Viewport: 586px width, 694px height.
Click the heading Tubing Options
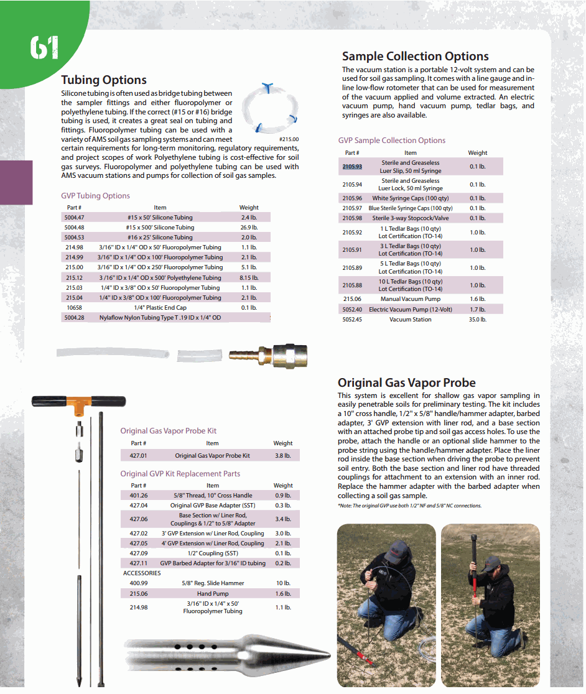pos(104,80)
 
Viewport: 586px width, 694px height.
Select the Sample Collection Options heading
pos(416,57)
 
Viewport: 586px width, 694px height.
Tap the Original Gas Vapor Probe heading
pos(406,382)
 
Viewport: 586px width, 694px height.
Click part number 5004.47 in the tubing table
pos(74,218)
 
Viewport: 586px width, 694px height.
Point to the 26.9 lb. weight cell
pos(249,228)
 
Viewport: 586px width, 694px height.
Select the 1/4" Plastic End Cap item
pos(160,307)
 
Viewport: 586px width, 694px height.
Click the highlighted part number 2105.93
pos(352,167)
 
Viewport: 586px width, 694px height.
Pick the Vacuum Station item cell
pos(410,319)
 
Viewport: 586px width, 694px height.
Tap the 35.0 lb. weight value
pos(478,319)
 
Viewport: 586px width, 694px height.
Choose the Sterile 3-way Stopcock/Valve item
pos(410,218)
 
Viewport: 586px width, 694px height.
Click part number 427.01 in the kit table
pos(139,456)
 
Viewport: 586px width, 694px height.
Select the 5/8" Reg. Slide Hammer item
pos(213,583)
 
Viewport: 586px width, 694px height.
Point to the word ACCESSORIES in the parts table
pos(142,573)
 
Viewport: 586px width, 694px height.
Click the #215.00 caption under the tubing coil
pos(289,139)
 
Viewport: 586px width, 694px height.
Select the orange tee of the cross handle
pos(78,405)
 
